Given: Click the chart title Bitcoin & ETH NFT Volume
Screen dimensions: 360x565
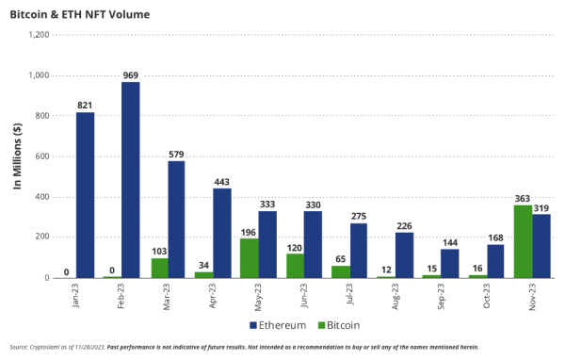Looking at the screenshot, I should [75, 14].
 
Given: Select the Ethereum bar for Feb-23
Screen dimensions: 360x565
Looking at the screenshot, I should [130, 180].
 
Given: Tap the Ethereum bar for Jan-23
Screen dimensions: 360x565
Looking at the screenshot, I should [85, 195].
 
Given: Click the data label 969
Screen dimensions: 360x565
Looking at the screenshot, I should [130, 74].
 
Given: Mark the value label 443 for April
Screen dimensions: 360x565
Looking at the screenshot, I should [222, 181].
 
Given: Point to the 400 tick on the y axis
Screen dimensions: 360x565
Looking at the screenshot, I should [41, 197].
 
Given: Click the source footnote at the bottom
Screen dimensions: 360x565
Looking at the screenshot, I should [245, 348].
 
